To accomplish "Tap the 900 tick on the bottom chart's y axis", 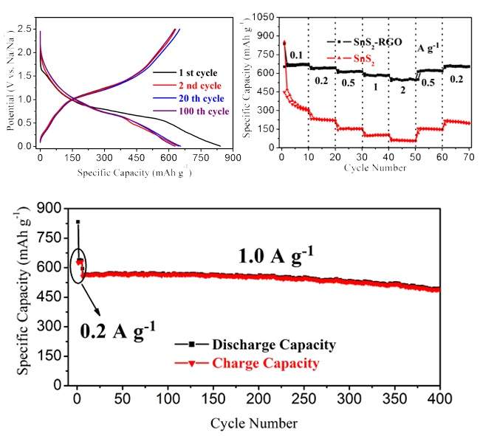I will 50,209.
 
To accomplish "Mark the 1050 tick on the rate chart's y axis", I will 264,15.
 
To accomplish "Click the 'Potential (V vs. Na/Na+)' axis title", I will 10,87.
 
